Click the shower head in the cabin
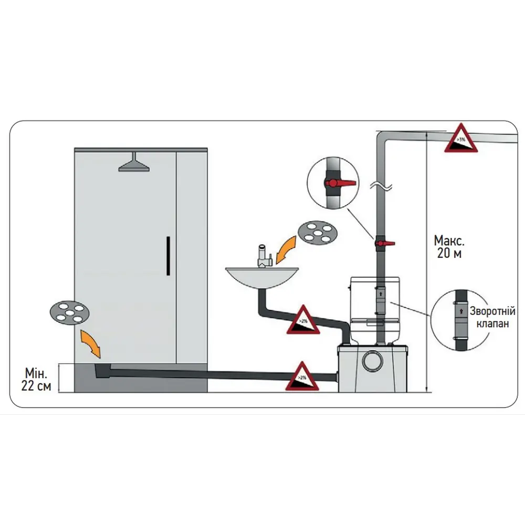(x=134, y=165)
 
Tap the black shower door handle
(x=168, y=256)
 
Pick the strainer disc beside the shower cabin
(x=69, y=312)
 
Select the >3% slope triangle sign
(x=461, y=140)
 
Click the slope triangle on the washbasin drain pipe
(x=303, y=320)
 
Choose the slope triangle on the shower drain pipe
(x=302, y=377)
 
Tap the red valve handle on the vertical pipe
(x=386, y=243)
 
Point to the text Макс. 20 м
(x=449, y=247)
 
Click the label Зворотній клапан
(x=492, y=317)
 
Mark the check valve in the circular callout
(x=460, y=314)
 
